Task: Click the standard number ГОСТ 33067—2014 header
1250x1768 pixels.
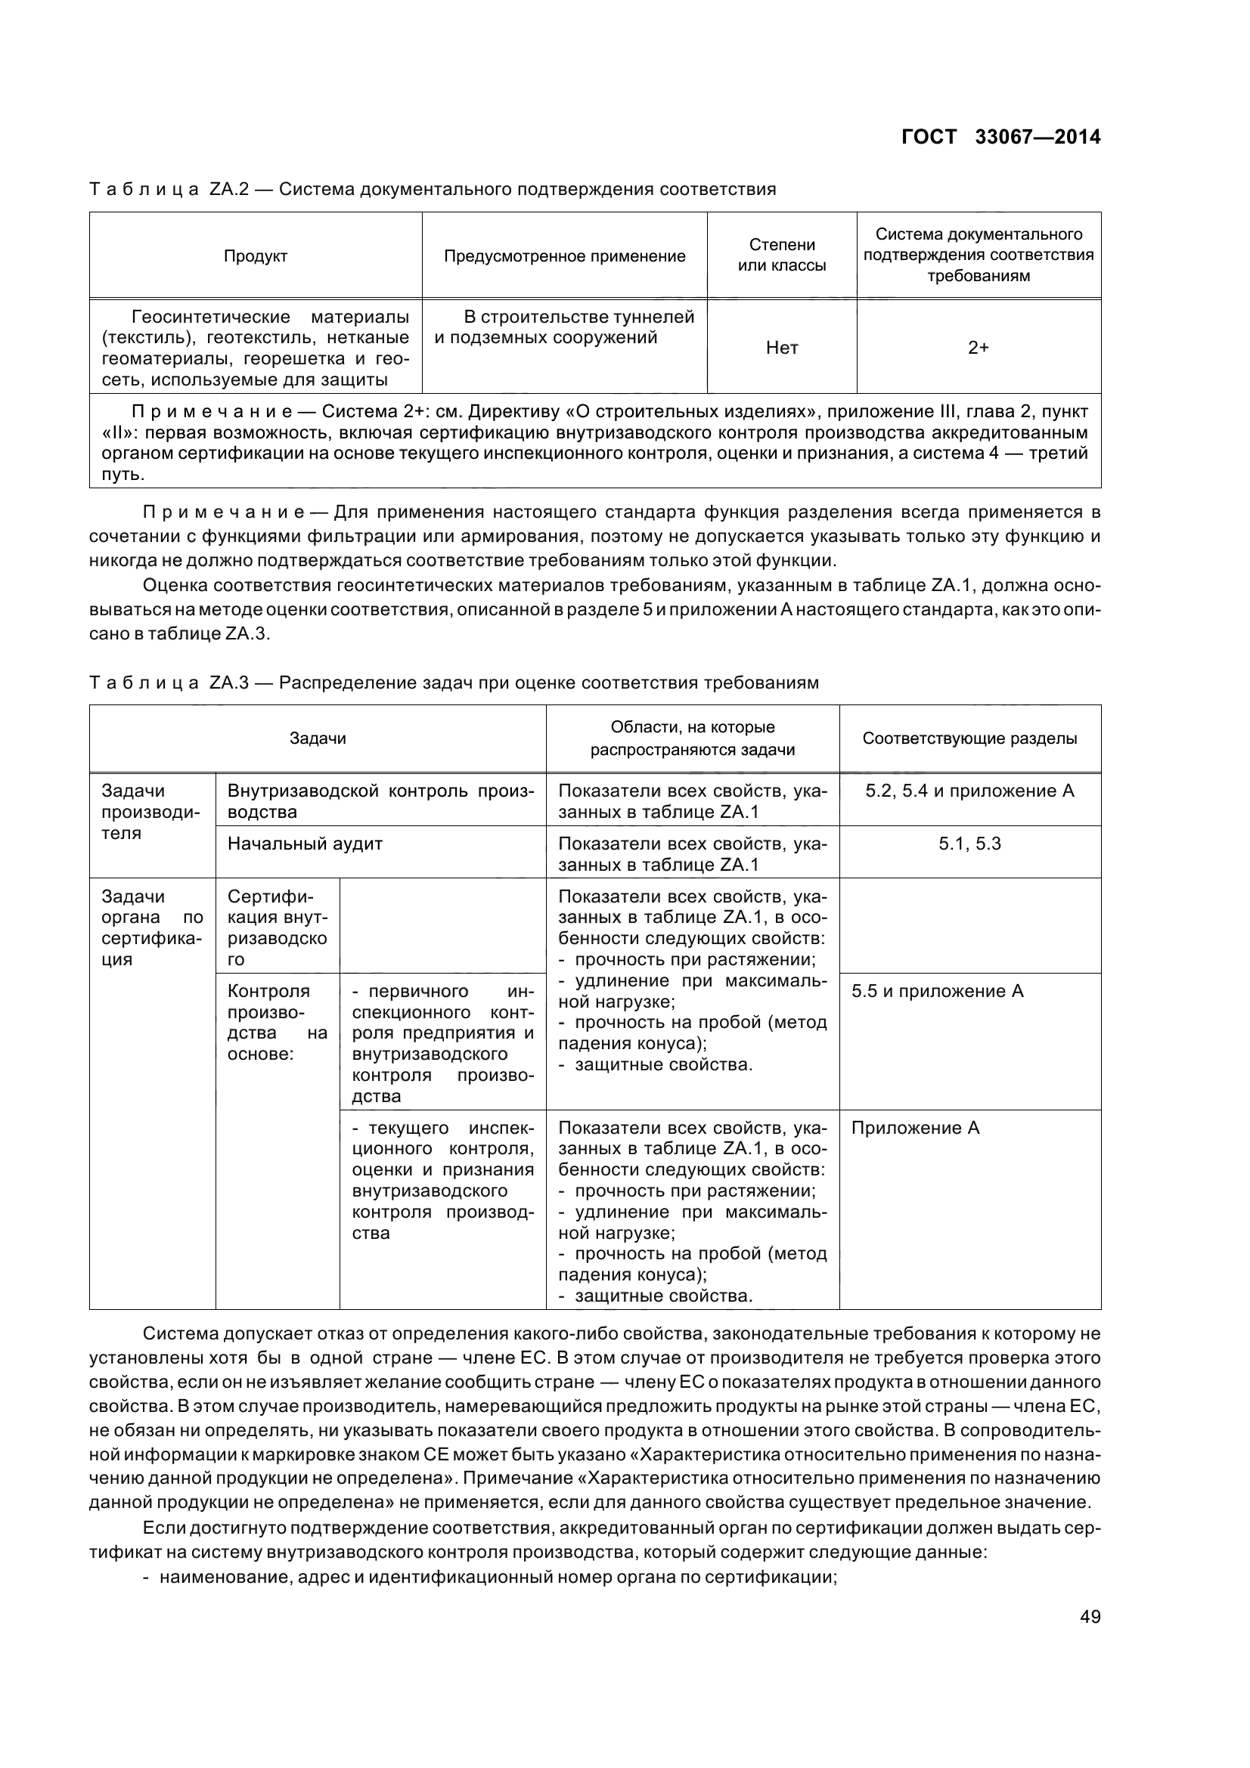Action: (1000, 137)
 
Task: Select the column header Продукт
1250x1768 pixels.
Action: (256, 256)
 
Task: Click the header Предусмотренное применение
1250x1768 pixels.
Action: (565, 256)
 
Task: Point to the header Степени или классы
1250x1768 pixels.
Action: (782, 255)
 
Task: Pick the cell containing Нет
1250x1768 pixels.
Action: (782, 348)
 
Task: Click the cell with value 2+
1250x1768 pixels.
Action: (978, 348)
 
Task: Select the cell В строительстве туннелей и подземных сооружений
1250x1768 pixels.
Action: (565, 327)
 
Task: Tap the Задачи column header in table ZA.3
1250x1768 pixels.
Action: (318, 738)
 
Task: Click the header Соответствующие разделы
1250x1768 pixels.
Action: (969, 738)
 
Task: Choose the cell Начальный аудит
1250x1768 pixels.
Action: (305, 844)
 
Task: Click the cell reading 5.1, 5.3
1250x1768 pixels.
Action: (969, 844)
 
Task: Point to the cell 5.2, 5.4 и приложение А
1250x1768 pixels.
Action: (969, 791)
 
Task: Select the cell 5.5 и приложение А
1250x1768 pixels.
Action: (937, 991)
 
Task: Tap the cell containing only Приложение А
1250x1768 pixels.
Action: (915, 1128)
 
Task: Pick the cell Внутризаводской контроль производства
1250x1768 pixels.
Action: (380, 800)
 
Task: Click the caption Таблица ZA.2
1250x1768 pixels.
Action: (432, 189)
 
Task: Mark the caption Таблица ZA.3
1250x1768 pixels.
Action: (454, 683)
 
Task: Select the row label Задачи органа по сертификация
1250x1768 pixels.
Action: (152, 928)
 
